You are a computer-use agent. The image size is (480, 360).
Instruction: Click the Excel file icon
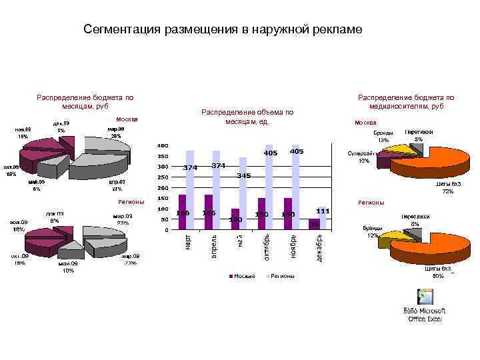coord(424,297)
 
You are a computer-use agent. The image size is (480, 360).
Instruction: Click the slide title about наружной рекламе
coord(223,29)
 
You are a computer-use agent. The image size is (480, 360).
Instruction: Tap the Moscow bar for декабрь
coord(314,225)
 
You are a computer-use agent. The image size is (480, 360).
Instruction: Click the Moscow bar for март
coord(182,213)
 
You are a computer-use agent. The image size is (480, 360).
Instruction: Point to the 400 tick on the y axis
coord(162,145)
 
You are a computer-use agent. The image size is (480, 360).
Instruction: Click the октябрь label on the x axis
coord(266,247)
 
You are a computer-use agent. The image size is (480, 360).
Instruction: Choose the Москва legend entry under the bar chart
coord(243,276)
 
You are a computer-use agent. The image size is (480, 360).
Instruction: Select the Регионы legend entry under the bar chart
coord(281,276)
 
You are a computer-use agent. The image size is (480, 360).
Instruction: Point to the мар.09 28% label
coord(115,132)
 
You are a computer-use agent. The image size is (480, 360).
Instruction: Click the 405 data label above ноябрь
coord(297,152)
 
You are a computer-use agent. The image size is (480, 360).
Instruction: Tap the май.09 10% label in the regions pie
coord(68,267)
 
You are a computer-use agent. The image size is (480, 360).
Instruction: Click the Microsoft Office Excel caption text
coord(425,315)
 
